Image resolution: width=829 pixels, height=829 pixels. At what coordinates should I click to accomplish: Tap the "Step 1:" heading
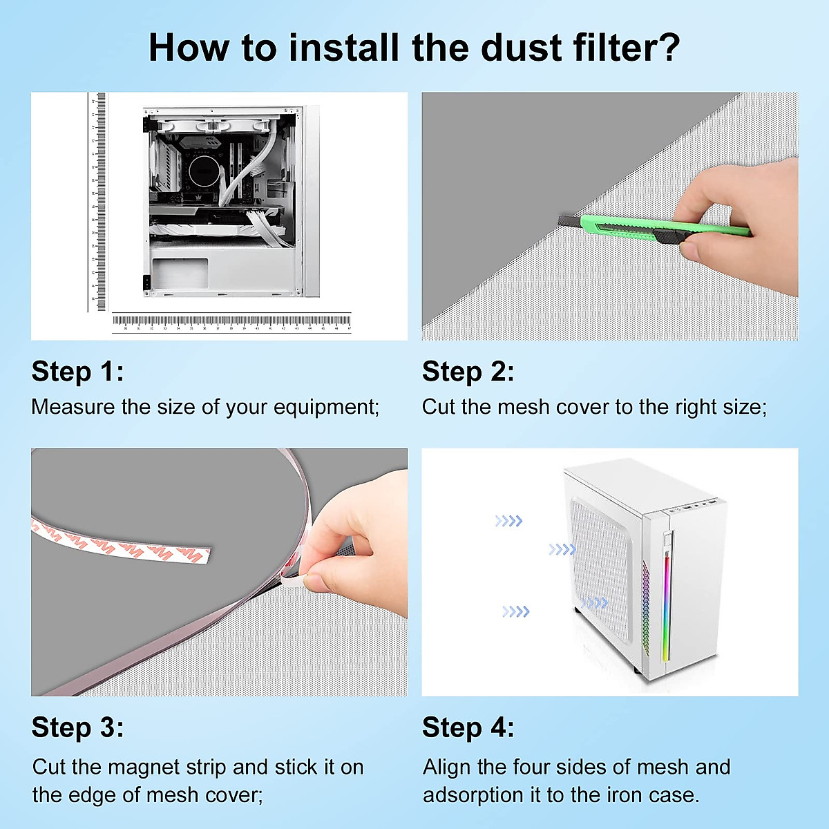coord(77,372)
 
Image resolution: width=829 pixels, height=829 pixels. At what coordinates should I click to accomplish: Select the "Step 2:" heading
coord(468,372)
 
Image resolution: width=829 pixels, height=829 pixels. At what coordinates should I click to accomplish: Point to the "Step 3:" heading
coord(77,727)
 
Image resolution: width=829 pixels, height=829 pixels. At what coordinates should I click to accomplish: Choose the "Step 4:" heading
coord(468,727)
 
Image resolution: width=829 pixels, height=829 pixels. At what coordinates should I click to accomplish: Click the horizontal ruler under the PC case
coord(231,322)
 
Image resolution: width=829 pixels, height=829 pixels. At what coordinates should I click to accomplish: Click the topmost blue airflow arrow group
coord(508,521)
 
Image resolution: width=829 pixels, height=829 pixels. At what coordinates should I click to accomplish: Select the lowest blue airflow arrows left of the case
coord(515,611)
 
